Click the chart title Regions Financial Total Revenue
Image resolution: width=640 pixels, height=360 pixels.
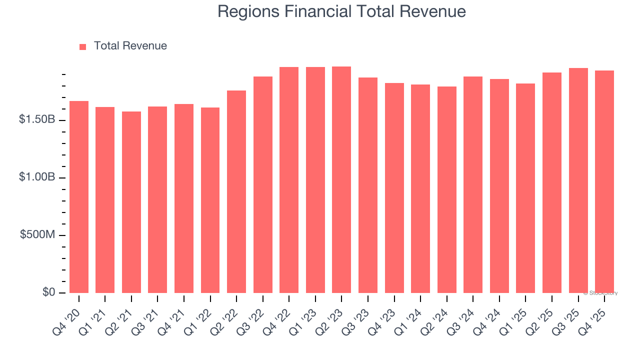click(x=341, y=12)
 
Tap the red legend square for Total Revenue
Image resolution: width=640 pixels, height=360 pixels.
click(x=83, y=46)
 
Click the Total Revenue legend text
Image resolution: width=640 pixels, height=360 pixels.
click(x=130, y=46)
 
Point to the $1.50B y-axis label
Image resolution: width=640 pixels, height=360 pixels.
click(x=37, y=120)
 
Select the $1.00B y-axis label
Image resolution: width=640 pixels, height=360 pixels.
click(x=37, y=177)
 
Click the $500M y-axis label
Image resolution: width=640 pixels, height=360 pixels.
click(x=38, y=235)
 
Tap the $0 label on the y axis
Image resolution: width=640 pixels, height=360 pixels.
click(x=48, y=292)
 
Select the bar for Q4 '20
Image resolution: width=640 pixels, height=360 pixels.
click(x=79, y=197)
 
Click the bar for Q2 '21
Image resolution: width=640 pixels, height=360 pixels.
click(x=131, y=202)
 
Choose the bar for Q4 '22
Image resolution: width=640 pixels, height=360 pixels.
click(x=289, y=180)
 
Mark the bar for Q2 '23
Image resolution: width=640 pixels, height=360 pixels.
click(x=341, y=179)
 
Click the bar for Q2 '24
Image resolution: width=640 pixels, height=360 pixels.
click(x=446, y=189)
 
